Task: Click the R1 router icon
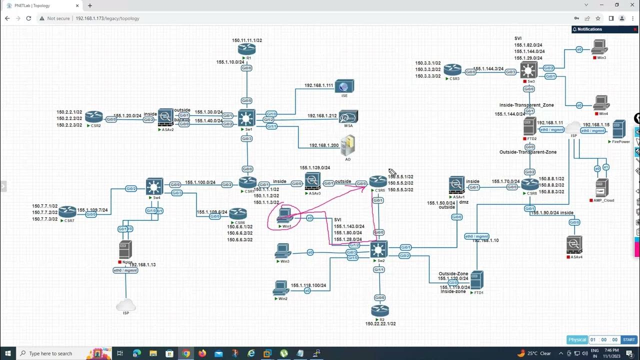[x=246, y=49]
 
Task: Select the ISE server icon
[x=344, y=86]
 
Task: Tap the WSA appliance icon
[x=348, y=117]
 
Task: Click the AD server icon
[x=348, y=145]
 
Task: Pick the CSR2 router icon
[x=93, y=117]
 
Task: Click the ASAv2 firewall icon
[x=165, y=117]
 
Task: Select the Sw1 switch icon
[x=246, y=118]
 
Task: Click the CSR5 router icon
[x=378, y=181]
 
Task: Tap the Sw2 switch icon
[x=379, y=249]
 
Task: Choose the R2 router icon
[x=380, y=310]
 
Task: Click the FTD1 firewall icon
[x=476, y=280]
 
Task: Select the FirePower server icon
[x=619, y=129]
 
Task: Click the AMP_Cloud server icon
[x=602, y=188]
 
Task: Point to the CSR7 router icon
[x=67, y=211]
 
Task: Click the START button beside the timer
[x=628, y=340]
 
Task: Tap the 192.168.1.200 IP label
[x=324, y=145]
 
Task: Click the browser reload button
[x=28, y=18]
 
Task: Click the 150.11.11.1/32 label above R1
[x=247, y=40]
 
